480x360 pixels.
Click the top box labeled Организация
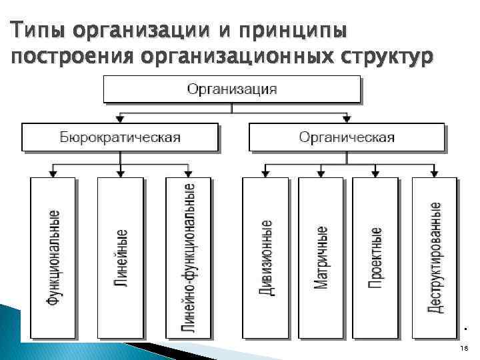[x=231, y=89]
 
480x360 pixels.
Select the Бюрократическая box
[x=120, y=137]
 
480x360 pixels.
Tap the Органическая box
[x=347, y=137]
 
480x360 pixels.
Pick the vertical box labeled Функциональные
[x=53, y=257]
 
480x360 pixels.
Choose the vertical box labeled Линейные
[x=120, y=257]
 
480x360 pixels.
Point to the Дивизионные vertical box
[x=265, y=257]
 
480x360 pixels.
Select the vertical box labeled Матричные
[x=321, y=257]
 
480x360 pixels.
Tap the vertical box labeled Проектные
[x=375, y=257]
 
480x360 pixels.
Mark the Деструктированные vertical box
[x=435, y=257]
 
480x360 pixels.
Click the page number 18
[x=463, y=349]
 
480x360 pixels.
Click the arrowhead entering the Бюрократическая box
[x=120, y=119]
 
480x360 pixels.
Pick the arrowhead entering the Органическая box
[x=347, y=119]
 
